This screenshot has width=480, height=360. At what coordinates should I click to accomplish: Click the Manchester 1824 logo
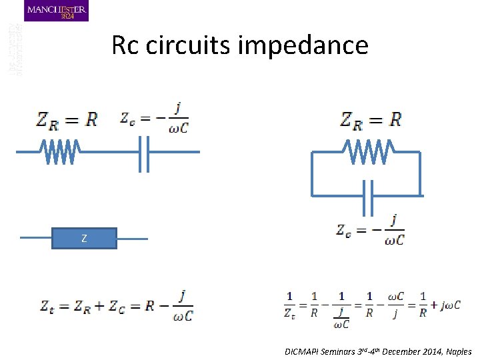click(x=56, y=11)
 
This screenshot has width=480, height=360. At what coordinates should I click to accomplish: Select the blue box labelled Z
click(x=84, y=238)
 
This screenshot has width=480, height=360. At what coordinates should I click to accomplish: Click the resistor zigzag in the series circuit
click(x=61, y=152)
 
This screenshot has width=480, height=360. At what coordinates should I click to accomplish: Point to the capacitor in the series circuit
click(x=142, y=152)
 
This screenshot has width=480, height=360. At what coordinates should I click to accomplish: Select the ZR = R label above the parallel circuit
click(x=371, y=120)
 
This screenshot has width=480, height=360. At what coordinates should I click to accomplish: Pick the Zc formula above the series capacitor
click(x=154, y=118)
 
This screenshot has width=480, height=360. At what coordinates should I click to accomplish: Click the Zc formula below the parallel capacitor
click(x=370, y=231)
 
